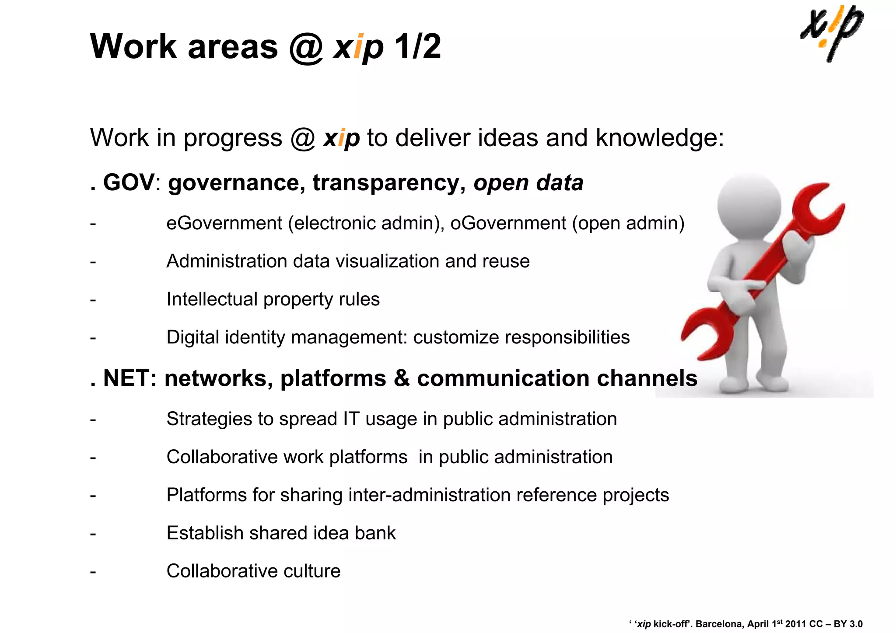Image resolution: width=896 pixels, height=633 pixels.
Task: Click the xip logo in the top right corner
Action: coord(831,33)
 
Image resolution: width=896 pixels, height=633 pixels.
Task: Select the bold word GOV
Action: coord(129,182)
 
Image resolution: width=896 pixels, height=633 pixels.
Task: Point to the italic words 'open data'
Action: coord(528,183)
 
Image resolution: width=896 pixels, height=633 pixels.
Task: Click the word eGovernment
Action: coord(224,223)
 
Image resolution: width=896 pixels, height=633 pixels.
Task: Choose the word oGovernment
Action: coord(508,223)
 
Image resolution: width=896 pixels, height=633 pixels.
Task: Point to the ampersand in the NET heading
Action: coord(401,378)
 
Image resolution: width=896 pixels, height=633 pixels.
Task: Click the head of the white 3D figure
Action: coord(749,205)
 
